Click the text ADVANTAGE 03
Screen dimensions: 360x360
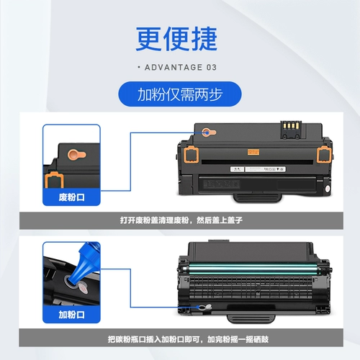pos(180,68)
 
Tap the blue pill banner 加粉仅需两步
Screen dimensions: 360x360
pos(180,94)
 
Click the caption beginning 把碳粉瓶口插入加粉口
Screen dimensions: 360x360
pos(180,338)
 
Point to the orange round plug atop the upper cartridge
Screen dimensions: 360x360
pos(207,132)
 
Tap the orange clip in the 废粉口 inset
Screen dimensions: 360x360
pos(53,181)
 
